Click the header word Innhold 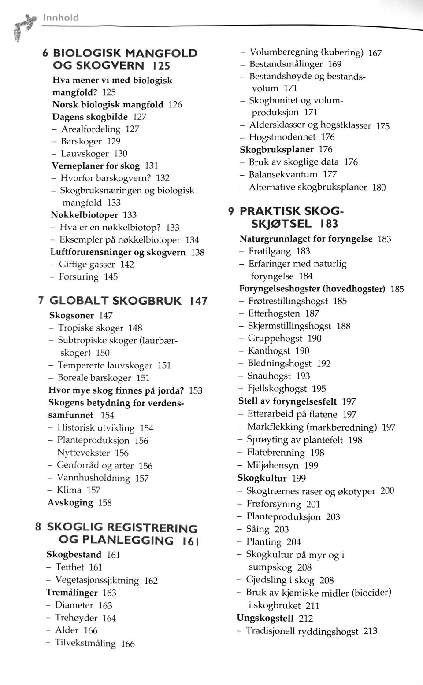pos(61,18)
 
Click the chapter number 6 pos(45,53)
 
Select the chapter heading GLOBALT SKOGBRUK pos(115,301)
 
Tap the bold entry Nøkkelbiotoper pos(85,215)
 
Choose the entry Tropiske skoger pos(91,328)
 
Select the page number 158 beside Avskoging pos(105,503)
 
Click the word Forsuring pos(79,277)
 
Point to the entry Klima pos(69,490)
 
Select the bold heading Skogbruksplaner pos(276,150)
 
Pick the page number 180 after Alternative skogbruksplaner pos(379,188)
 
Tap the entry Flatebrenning pos(275,453)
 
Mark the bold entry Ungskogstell pos(265,618)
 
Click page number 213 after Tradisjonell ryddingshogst pos(370,631)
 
